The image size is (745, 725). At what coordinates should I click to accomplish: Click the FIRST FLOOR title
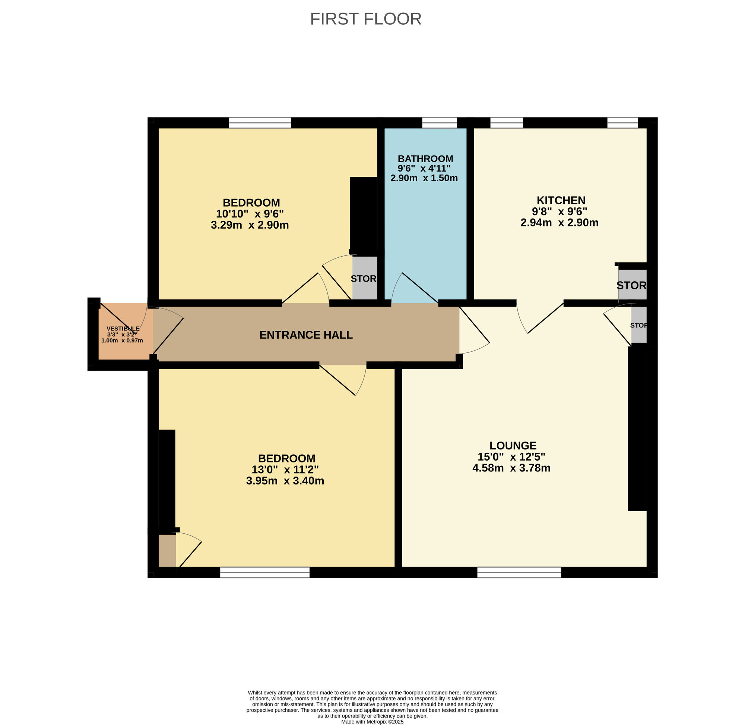tap(365, 19)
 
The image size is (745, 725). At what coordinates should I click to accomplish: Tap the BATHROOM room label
tap(425, 159)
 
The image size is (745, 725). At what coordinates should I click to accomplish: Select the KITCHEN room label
tap(561, 200)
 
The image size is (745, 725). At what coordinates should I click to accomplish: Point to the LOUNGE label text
tap(512, 445)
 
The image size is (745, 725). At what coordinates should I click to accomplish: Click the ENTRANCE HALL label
tap(306, 335)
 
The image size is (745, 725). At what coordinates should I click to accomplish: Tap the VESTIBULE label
tap(123, 328)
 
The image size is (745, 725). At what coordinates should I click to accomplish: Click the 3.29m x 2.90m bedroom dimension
tap(250, 225)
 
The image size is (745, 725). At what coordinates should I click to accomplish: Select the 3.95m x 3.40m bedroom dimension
tap(285, 481)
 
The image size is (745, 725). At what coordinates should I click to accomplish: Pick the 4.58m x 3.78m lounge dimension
tap(511, 468)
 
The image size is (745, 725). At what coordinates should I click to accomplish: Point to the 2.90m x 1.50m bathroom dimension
tap(424, 178)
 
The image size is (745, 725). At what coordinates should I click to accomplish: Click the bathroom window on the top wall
tap(439, 123)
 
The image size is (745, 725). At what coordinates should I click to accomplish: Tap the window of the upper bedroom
tap(260, 123)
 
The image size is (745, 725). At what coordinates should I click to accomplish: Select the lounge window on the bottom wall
tap(519, 572)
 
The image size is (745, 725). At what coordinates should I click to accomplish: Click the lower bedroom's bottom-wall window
tap(265, 572)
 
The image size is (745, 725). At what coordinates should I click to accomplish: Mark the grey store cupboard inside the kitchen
tap(632, 285)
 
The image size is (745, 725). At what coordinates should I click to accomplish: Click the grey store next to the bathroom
tap(364, 278)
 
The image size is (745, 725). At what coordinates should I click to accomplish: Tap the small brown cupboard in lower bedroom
tap(167, 550)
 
